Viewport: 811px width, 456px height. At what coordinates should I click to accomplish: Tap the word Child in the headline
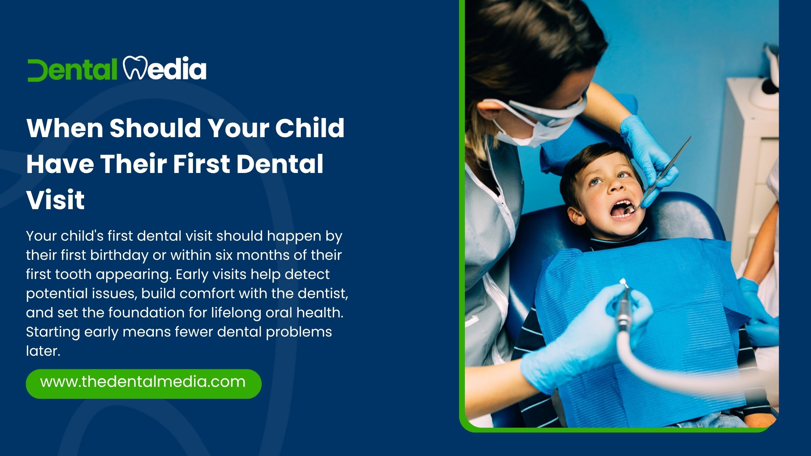[x=310, y=128]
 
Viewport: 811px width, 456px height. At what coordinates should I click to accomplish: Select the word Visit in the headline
[x=55, y=200]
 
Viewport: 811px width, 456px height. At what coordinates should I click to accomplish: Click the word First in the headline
[x=202, y=164]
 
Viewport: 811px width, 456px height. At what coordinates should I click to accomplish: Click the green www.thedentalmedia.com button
[x=143, y=384]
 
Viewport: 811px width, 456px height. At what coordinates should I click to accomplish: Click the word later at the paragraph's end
[x=43, y=351]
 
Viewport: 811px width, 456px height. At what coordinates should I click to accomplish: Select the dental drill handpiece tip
[x=623, y=282]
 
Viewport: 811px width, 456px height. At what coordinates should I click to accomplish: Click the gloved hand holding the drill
[x=587, y=337]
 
